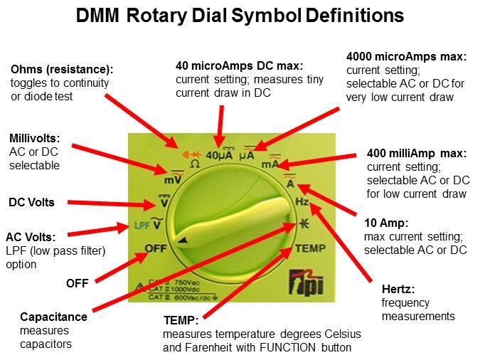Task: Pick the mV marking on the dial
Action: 173,180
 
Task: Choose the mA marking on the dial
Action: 270,164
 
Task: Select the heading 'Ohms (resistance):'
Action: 62,70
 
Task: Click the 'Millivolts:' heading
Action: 35,138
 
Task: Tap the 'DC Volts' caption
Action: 31,202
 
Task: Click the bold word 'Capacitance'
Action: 53,317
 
